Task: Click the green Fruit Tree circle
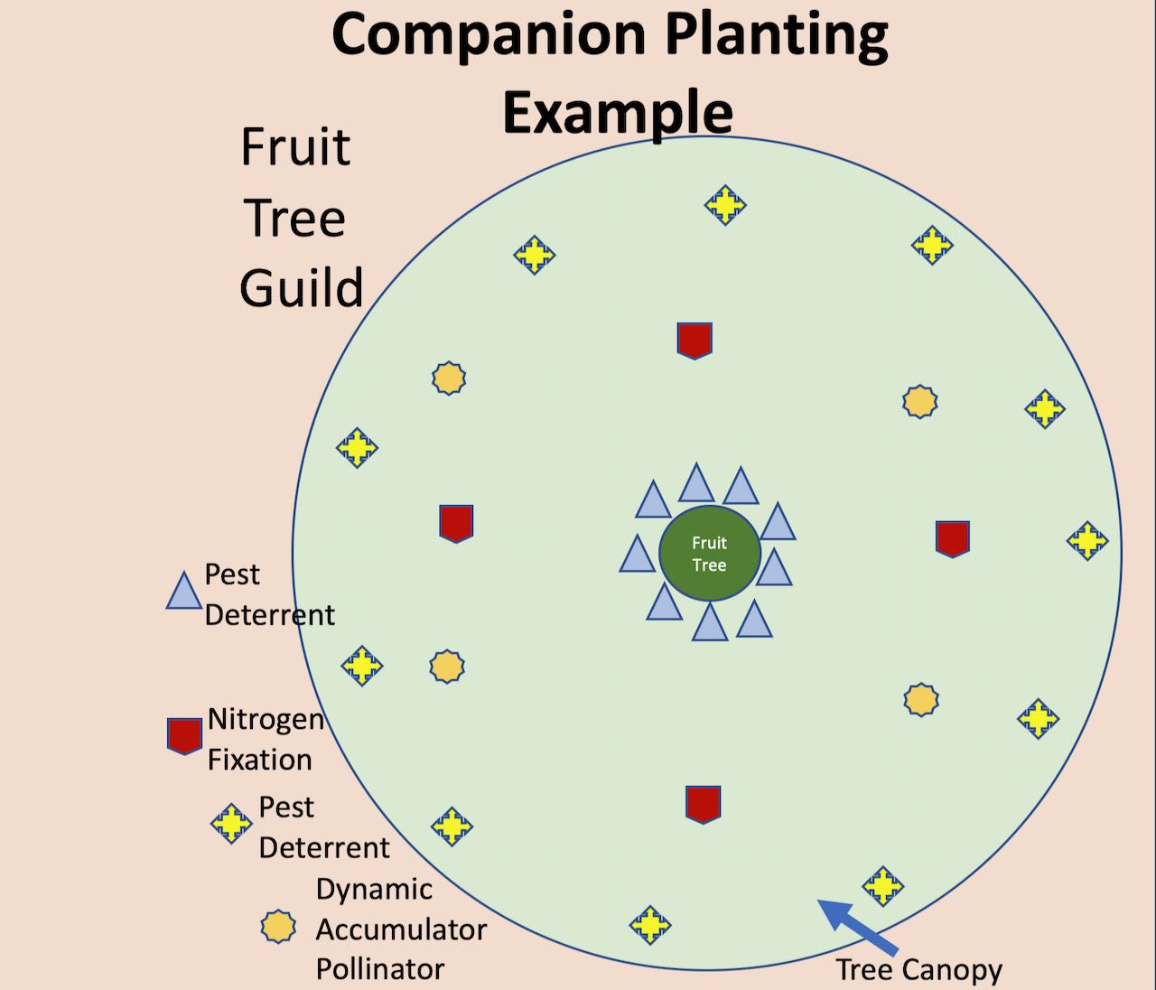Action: coord(710,554)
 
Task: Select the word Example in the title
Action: coord(618,112)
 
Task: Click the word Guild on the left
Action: coord(302,287)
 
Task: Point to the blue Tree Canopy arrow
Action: coord(858,926)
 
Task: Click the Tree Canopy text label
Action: coord(918,968)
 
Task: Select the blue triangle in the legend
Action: coord(184,590)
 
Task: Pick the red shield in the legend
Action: coord(184,736)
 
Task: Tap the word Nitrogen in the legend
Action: coord(266,719)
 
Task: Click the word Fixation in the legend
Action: coord(259,760)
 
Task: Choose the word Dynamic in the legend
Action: coord(374,891)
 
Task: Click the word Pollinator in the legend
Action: coord(379,968)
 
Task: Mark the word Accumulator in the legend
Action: coord(401,929)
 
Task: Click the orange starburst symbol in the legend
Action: coord(278,927)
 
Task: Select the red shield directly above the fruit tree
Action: coord(695,341)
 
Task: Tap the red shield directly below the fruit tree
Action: coord(703,805)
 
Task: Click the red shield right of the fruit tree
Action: coord(953,539)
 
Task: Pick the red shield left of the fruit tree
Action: coord(456,524)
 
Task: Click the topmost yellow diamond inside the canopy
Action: coord(725,205)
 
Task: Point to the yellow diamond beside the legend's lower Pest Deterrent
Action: coord(231,824)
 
